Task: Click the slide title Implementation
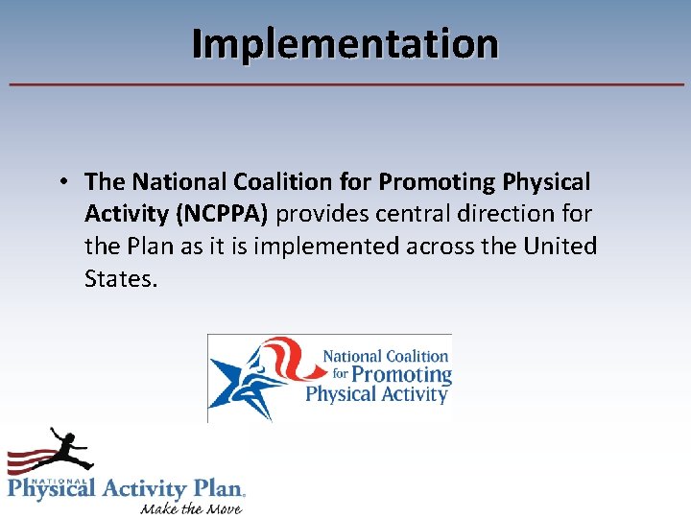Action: [x=345, y=44]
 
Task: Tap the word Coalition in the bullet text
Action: [x=274, y=181]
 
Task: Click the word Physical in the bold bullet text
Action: [x=544, y=181]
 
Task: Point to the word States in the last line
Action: [x=119, y=279]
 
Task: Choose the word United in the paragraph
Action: [x=560, y=247]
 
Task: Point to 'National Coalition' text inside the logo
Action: [x=386, y=356]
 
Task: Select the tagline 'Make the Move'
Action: [x=191, y=506]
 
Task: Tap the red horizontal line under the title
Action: [x=345, y=84]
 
